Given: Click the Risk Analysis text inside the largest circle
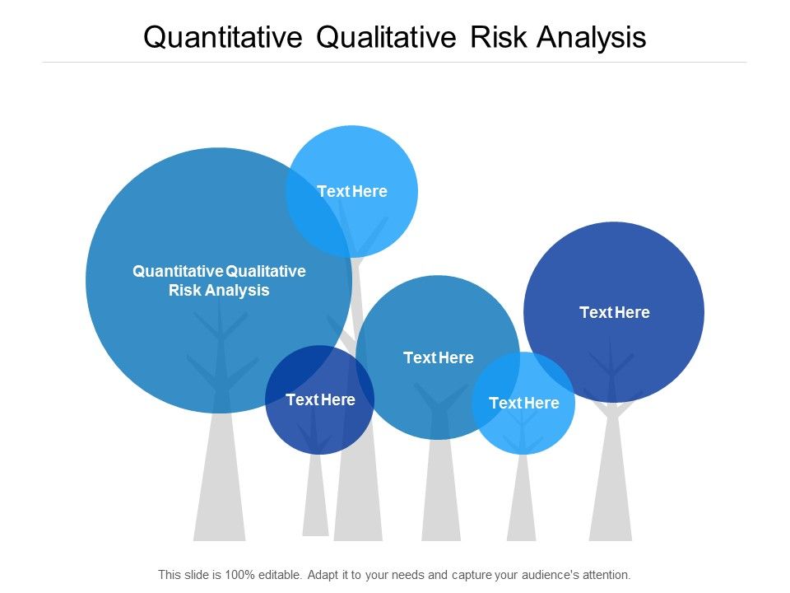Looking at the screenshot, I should coord(219,290).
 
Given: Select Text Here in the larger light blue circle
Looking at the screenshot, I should coord(352,191).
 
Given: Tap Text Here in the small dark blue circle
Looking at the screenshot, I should coord(320,399).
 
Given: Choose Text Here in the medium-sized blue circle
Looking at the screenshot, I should coord(439,357).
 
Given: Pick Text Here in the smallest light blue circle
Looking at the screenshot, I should coord(523,403).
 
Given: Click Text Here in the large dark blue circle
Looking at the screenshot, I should coord(615,312).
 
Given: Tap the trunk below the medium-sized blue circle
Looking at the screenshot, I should coord(441,494).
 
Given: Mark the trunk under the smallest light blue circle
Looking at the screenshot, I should coord(522,502).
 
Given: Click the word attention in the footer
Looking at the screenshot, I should coord(604,574).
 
